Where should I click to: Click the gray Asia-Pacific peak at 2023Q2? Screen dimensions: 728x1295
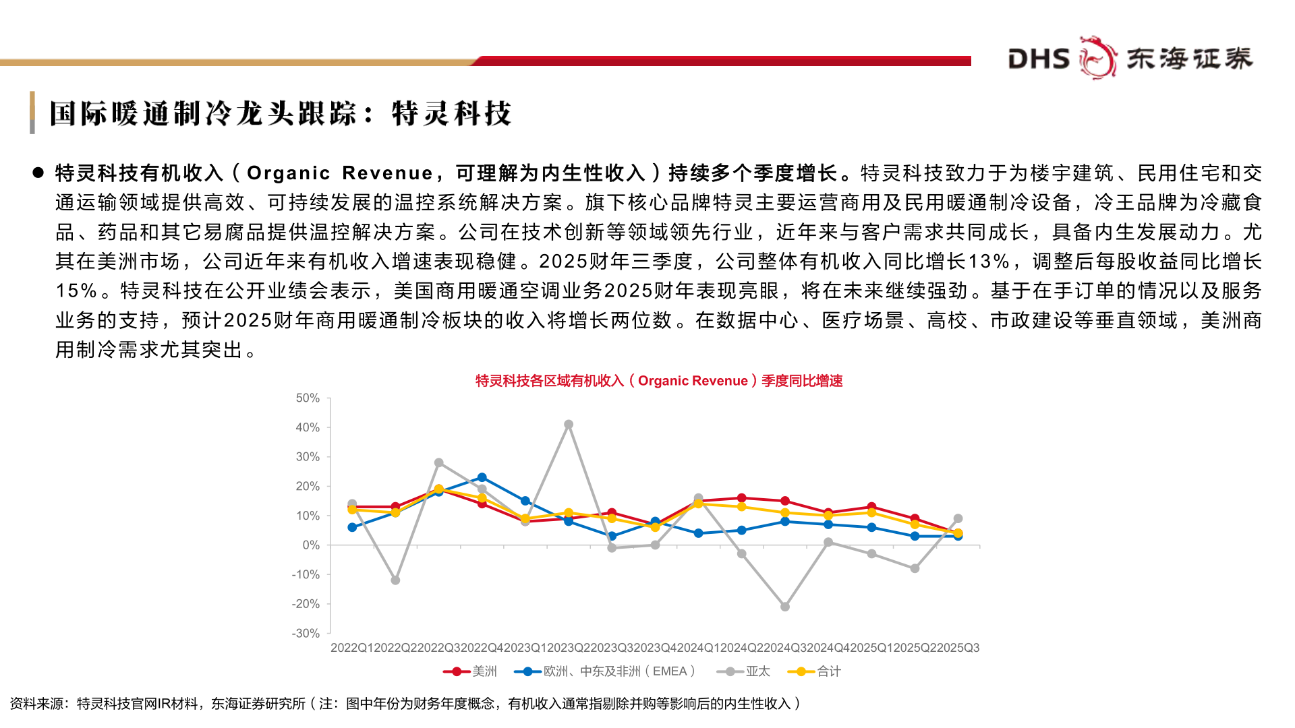569,425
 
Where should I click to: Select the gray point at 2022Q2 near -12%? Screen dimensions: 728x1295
395,580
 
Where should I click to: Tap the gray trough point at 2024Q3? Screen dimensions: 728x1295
785,607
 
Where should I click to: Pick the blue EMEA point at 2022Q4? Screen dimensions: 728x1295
482,477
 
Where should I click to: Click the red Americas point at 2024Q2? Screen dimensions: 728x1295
742,498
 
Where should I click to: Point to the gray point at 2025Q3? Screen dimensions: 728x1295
958,518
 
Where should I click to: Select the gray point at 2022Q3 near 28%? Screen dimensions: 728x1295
439,463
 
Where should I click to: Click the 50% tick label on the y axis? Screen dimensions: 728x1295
308,398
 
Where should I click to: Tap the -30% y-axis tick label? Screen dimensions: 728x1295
306,634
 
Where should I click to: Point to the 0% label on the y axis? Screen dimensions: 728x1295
311,545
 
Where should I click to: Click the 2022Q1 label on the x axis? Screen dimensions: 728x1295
352,648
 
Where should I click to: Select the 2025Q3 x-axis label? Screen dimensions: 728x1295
958,648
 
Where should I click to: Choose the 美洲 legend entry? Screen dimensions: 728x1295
471,671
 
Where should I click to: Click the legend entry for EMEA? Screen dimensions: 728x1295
604,671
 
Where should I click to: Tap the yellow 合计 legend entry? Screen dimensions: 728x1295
819,671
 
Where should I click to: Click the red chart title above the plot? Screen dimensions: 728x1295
659,381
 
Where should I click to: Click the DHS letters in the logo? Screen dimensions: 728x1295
1039,59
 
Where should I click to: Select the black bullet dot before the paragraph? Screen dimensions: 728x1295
38,173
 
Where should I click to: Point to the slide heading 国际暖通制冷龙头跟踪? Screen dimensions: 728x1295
202,113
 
